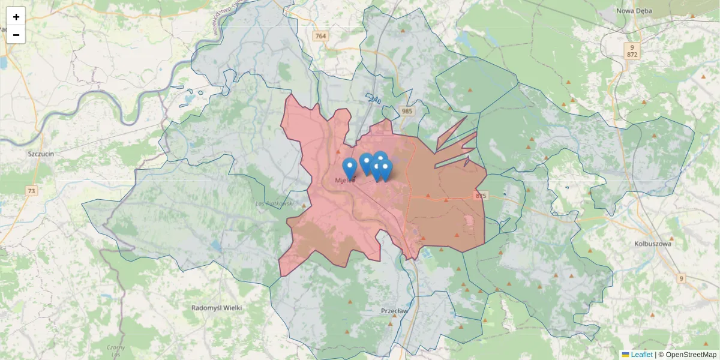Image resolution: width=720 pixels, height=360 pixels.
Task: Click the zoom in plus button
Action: coord(16,17)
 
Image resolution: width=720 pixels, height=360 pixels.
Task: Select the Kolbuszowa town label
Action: coord(653,244)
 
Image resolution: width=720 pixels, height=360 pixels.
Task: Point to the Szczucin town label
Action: coord(41,154)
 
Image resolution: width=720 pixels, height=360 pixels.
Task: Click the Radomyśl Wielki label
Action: coord(216,308)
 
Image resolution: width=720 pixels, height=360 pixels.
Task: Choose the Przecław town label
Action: coord(394,311)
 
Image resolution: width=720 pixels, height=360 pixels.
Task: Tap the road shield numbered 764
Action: coord(321,36)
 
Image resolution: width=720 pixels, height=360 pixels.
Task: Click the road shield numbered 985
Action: coord(407,111)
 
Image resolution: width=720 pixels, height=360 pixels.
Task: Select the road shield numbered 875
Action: coord(481,196)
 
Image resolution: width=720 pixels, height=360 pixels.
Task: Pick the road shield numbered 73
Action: coord(31,191)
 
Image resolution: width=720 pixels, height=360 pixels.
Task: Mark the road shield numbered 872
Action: coord(632,55)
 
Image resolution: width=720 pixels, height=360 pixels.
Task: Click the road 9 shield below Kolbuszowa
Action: coord(681,278)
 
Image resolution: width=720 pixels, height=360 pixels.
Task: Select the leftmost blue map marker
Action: coord(350,167)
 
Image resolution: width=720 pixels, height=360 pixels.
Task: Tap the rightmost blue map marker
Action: coord(386,169)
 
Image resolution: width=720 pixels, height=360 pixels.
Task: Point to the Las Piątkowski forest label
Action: coord(274,204)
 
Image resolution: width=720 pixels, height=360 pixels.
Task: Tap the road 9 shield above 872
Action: coord(632,46)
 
